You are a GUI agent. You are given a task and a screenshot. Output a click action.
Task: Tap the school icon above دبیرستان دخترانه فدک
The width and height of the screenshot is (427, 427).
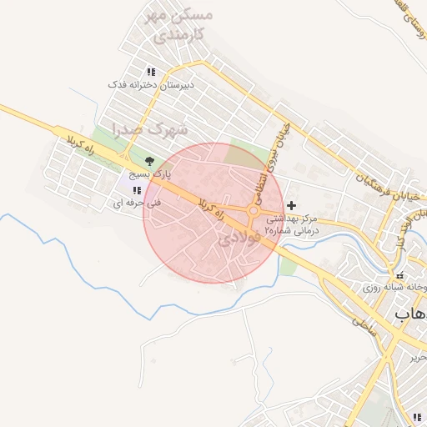click(x=151, y=72)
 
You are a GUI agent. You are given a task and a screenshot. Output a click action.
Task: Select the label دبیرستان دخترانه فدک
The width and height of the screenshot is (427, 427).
click(x=151, y=85)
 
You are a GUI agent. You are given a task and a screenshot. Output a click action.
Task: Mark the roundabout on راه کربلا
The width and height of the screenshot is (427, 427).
click(x=254, y=211)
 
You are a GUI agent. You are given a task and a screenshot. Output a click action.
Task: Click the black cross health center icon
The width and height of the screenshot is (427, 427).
click(x=291, y=205)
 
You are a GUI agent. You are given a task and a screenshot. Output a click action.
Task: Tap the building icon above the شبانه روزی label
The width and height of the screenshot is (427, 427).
click(x=400, y=275)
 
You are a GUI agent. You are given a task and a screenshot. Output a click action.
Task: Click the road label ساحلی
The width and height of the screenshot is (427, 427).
click(x=363, y=326)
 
